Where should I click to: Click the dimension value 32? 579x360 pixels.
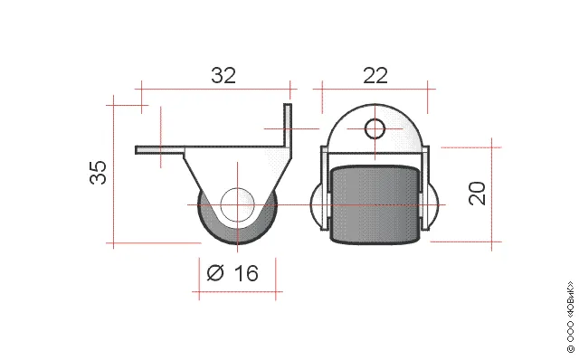coord(223,75)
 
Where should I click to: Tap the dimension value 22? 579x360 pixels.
coord(375,75)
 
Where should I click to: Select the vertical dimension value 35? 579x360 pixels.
coord(99,173)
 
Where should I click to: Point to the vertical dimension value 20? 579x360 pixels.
coord(477,193)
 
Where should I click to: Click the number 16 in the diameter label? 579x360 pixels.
coord(246,273)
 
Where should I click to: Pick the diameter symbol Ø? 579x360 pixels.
coord(215,273)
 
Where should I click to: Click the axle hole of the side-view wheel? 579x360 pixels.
coord(237,205)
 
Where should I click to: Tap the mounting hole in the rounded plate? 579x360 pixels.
coord(375,128)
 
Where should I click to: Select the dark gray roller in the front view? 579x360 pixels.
coord(375,204)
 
